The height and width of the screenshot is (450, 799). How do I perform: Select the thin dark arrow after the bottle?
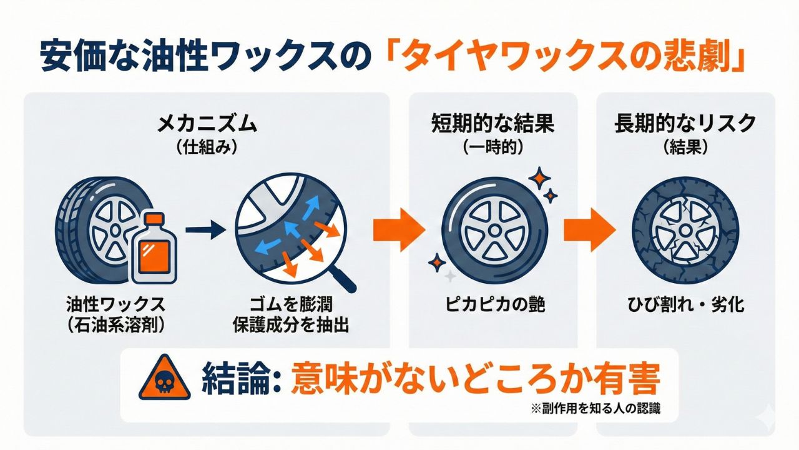coord(205,231)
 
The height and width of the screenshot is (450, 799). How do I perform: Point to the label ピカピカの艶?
coord(493,305)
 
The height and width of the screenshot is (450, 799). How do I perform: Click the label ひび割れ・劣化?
coord(685,305)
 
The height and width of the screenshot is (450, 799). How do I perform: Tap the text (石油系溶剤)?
coord(115,324)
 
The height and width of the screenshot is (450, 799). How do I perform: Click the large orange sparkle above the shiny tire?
coord(538,178)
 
